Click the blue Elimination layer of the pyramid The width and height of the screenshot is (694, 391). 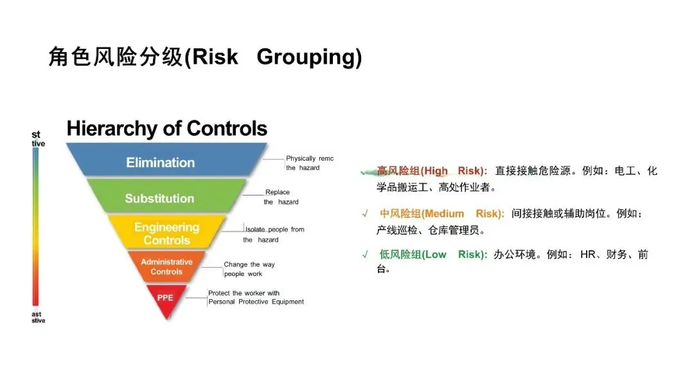(x=161, y=162)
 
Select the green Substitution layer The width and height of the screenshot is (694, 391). (x=159, y=198)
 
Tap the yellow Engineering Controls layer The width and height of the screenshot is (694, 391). (x=166, y=233)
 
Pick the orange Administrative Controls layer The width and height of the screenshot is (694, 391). (x=166, y=266)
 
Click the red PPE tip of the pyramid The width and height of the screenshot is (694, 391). (x=165, y=298)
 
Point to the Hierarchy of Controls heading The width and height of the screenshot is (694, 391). (x=166, y=129)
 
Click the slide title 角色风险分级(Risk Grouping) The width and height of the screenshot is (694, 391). (x=205, y=57)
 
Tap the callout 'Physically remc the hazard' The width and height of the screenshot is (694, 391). (x=310, y=163)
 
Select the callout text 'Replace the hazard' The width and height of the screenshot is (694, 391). (x=281, y=197)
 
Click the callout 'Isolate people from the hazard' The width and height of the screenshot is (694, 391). (x=274, y=234)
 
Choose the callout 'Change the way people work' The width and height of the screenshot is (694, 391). (x=249, y=269)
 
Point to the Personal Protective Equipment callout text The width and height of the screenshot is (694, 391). (x=256, y=298)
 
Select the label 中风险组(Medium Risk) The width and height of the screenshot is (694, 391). (x=441, y=214)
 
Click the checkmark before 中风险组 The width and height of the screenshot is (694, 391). (x=364, y=214)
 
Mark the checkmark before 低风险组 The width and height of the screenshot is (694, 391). (x=364, y=255)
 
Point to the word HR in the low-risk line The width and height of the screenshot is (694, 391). (x=588, y=254)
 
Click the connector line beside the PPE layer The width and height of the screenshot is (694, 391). (x=196, y=297)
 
